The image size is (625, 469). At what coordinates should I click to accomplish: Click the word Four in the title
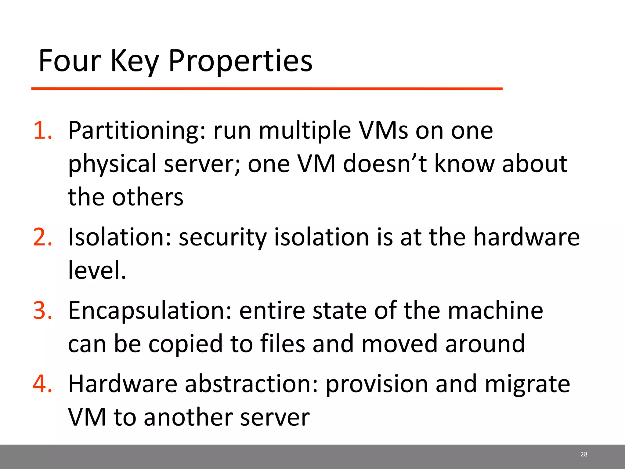coord(70,61)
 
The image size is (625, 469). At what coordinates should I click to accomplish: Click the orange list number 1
coord(42,130)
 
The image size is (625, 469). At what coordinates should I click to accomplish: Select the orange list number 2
coord(42,237)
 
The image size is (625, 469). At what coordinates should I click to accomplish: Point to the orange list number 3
coord(42,311)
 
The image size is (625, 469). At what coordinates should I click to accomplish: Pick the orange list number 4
coord(42,384)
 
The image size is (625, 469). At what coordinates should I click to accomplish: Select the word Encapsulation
coord(150,311)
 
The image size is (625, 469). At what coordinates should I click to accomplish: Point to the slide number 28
coord(583,454)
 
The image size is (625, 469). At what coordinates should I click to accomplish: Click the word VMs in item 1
coord(383,130)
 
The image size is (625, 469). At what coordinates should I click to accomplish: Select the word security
coord(222,237)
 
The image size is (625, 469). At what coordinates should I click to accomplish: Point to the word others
coord(148,197)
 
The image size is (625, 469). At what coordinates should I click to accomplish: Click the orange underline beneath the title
coord(267,89)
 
